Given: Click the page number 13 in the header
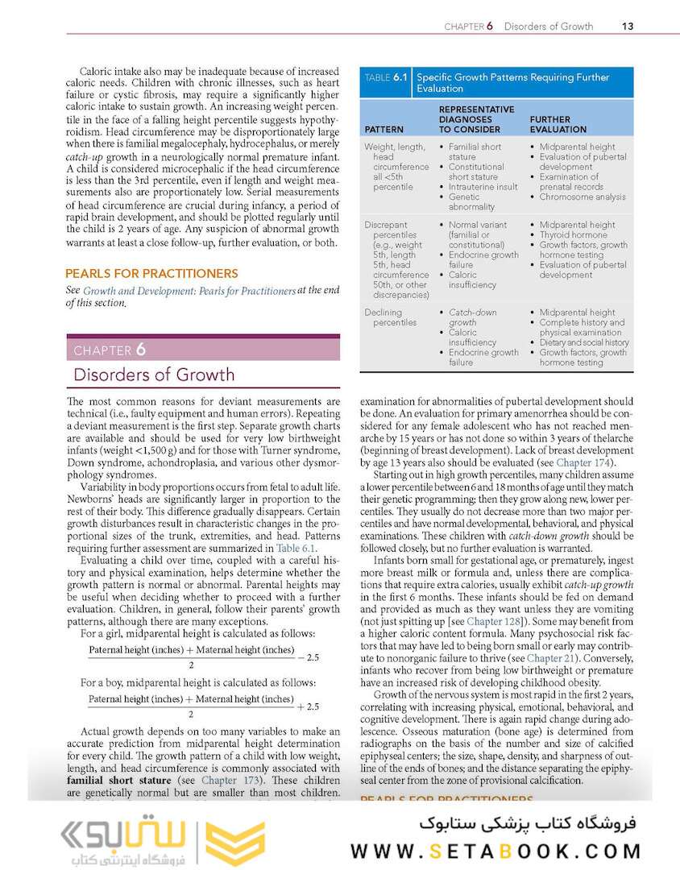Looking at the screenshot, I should (x=628, y=26).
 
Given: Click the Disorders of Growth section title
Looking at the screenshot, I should (x=154, y=375).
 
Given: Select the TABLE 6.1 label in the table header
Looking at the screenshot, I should (x=386, y=78).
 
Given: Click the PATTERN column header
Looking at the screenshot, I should (x=384, y=129).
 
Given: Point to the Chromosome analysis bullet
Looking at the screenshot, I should (x=582, y=197).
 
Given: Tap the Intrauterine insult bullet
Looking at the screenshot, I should (x=483, y=187).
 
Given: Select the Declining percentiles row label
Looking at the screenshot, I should (x=391, y=317).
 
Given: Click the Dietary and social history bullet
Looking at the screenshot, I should (x=583, y=342).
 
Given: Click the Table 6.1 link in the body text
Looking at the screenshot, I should (x=296, y=548).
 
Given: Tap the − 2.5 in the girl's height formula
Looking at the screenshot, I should (x=308, y=657).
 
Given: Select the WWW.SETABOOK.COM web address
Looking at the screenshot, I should (x=495, y=851).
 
